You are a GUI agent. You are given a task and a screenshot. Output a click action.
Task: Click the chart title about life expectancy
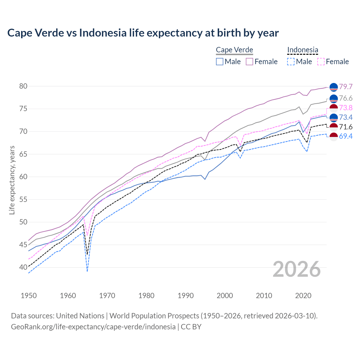[x=143, y=33]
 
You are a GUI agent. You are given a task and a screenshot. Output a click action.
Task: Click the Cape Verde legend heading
[x=235, y=50]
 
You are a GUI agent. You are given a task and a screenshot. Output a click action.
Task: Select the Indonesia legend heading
[x=303, y=50]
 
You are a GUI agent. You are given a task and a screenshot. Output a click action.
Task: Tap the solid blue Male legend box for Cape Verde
[x=220, y=62]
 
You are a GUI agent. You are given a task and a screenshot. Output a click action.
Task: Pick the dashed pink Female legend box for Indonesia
[x=321, y=62]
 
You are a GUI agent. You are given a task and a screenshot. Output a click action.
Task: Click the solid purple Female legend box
[x=249, y=62]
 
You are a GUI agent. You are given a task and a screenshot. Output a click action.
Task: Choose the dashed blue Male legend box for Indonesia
[x=291, y=62]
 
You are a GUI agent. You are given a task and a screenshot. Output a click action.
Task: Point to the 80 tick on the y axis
[x=23, y=86]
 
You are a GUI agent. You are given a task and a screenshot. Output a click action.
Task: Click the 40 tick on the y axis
[x=23, y=267]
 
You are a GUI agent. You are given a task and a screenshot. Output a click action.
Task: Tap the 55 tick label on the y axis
[x=23, y=199]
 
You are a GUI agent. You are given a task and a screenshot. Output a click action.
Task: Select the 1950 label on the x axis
[x=29, y=296]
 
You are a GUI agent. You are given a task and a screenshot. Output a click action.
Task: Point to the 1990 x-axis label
[x=186, y=296]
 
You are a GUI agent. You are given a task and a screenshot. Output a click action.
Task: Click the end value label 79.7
[x=346, y=87]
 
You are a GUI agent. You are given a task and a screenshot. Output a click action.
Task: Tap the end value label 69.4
[x=346, y=136]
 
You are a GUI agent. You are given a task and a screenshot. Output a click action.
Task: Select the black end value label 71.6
[x=346, y=127]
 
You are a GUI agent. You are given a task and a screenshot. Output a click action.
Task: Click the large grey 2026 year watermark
[x=297, y=269]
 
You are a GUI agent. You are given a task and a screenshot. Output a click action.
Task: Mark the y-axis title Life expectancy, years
[x=12, y=180]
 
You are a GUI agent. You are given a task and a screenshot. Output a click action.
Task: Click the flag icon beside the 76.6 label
[x=334, y=98]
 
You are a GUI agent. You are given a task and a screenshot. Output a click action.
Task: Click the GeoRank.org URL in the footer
[x=93, y=327]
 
